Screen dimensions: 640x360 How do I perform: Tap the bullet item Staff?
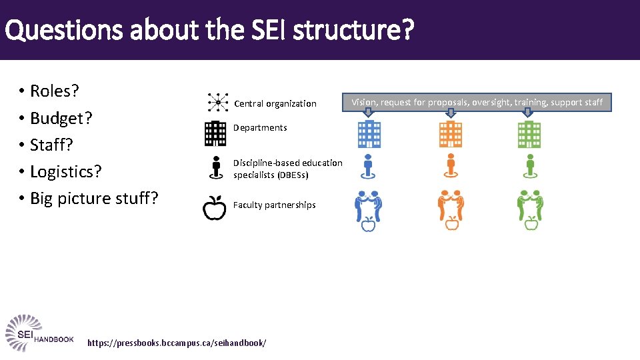pyautogui.click(x=51, y=145)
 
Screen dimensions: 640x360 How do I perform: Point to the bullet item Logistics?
pyautogui.click(x=65, y=171)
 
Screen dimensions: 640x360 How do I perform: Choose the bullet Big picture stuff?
pyautogui.click(x=94, y=199)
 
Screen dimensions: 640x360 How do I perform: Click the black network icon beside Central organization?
pyautogui.click(x=217, y=103)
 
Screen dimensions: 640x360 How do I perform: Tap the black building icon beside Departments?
pyautogui.click(x=215, y=133)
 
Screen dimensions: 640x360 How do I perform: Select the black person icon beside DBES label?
pyautogui.click(x=215, y=167)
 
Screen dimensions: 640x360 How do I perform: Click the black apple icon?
pyautogui.click(x=215, y=207)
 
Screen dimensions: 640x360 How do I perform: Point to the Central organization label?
pyautogui.click(x=275, y=103)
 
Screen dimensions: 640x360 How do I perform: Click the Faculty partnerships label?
pyautogui.click(x=274, y=205)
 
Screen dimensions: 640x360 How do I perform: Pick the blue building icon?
pyautogui.click(x=369, y=134)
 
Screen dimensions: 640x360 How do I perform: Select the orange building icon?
pyautogui.click(x=451, y=134)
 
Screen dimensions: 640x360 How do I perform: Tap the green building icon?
pyautogui.click(x=530, y=134)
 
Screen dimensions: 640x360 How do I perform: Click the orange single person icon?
pyautogui.click(x=451, y=166)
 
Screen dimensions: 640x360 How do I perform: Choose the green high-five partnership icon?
pyautogui.click(x=531, y=209)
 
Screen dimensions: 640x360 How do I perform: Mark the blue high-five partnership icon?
pyautogui.click(x=368, y=209)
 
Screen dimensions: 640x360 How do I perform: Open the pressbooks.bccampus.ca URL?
pyautogui.click(x=177, y=343)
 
